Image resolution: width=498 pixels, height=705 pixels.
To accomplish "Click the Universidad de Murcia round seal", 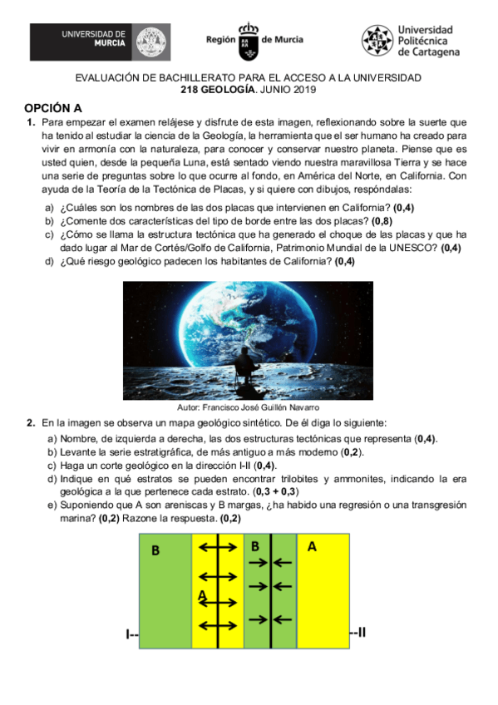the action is pyautogui.click(x=150, y=41).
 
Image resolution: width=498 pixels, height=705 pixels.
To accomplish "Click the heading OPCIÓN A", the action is pyautogui.click(x=53, y=108).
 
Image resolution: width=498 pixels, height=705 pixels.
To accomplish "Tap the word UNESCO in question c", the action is pyautogui.click(x=420, y=248).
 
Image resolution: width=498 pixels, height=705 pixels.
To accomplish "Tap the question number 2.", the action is pyautogui.click(x=30, y=423).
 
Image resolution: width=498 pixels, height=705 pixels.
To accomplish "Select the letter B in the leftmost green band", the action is pyautogui.click(x=155, y=550).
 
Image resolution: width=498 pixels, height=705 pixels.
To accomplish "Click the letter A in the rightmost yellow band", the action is pyautogui.click(x=312, y=546).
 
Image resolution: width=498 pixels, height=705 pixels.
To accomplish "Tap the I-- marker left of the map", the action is pyautogui.click(x=132, y=635).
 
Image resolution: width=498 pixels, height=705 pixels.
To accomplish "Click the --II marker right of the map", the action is pyautogui.click(x=358, y=634).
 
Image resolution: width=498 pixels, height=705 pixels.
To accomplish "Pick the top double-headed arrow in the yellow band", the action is pyautogui.click(x=218, y=546).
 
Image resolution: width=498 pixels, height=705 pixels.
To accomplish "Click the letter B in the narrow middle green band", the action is pyautogui.click(x=255, y=545).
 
